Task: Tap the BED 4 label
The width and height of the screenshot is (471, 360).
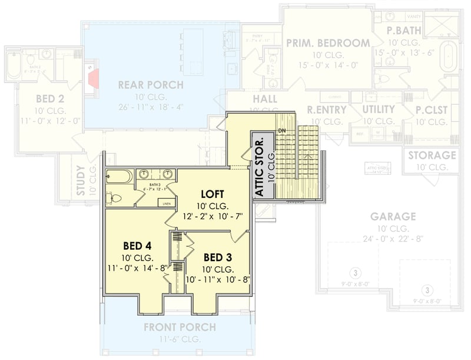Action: tap(138, 245)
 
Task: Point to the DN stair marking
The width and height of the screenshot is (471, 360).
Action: tap(282, 131)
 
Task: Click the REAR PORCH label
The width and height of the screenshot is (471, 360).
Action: tap(151, 85)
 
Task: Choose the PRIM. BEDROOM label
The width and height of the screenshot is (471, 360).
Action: tap(328, 42)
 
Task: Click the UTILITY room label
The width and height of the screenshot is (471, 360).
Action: tap(379, 110)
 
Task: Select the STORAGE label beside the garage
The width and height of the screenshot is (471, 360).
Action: tap(432, 156)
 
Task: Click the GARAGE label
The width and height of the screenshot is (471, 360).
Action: tap(393, 216)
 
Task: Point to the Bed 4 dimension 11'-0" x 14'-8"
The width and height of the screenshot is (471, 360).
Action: tap(138, 268)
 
